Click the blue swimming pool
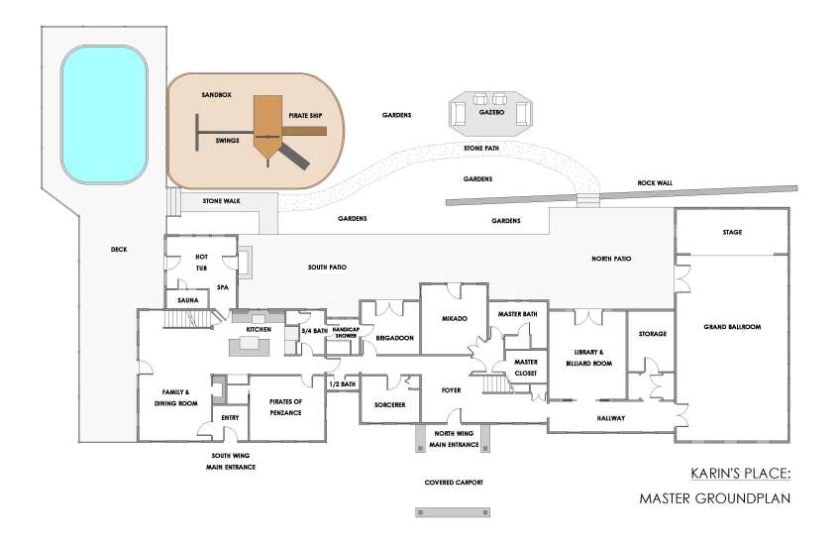[104, 116]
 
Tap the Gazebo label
[491, 114]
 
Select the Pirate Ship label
[305, 116]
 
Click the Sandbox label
[216, 94]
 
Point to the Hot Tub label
[201, 262]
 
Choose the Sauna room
[189, 298]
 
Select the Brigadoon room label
[394, 338]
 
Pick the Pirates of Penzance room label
[283, 405]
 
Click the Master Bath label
[517, 314]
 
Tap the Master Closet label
[525, 367]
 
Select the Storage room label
[652, 334]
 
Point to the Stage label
[732, 232]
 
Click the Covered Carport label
[455, 482]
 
